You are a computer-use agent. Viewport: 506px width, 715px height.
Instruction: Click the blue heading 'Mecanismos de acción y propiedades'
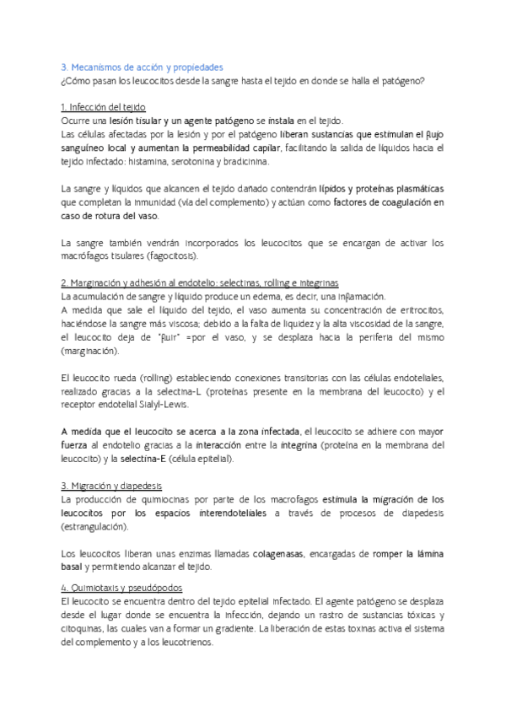pos(148,67)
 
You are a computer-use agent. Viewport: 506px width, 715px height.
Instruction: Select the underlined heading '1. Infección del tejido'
pos(105,108)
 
